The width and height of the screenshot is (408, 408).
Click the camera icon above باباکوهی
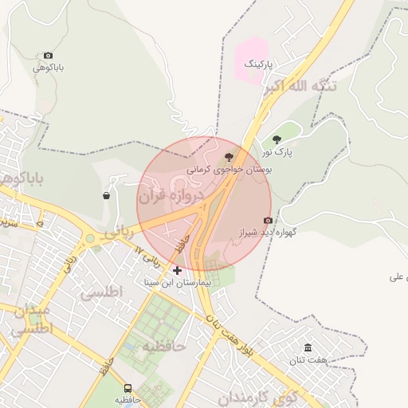[x=49, y=56]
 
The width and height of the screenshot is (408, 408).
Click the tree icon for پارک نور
[x=277, y=139]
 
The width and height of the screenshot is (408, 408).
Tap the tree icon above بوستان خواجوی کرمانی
[x=229, y=156]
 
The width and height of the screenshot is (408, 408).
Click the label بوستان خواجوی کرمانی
[x=230, y=170]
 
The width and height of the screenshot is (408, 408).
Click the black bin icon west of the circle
[x=107, y=195]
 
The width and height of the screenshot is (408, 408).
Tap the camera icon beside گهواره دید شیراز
[x=268, y=220]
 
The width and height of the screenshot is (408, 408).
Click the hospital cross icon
[x=177, y=271]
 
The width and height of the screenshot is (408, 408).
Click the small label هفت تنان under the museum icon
[x=308, y=360]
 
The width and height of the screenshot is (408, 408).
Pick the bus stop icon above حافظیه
[x=127, y=388]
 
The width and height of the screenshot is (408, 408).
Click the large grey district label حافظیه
[x=163, y=347]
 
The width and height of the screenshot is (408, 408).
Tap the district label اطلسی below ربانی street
[x=102, y=292]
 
